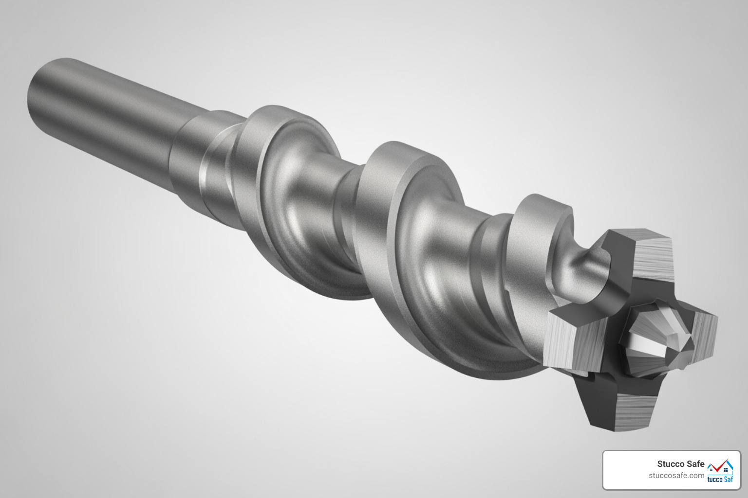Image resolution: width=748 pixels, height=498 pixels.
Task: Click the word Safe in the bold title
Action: [x=695, y=464]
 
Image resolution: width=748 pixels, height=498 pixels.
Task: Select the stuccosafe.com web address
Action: [x=676, y=476]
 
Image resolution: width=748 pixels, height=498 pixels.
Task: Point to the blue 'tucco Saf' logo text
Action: [x=720, y=480]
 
